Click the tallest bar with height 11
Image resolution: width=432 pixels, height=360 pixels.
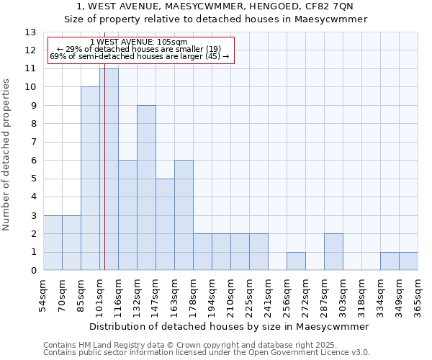coord(109,169)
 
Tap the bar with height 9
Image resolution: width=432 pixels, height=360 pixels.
coord(146,188)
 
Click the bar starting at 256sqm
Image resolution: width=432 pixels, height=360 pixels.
coord(296,261)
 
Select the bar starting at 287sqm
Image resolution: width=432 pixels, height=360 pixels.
coord(333,252)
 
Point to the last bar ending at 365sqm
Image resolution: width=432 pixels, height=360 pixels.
coord(408,261)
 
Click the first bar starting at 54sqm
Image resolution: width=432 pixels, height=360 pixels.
coord(53,243)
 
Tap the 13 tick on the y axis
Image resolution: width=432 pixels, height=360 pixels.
coord(30,32)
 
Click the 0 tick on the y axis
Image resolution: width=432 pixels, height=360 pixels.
coord(32,271)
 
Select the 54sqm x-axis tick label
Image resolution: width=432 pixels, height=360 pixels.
coord(43,296)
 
